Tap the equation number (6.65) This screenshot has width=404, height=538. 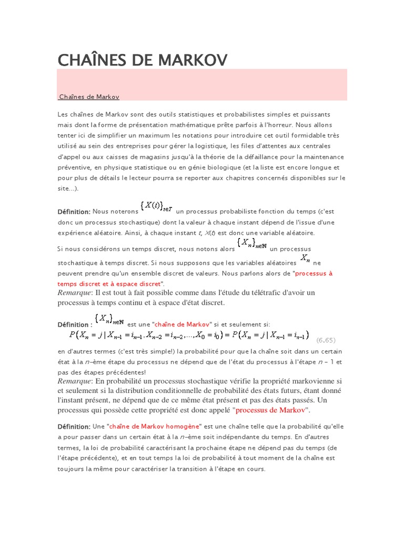[326, 340]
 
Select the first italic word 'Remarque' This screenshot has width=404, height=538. [75, 292]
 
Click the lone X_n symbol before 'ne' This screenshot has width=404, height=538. [305, 258]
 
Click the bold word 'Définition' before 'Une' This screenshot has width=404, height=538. [74, 426]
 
